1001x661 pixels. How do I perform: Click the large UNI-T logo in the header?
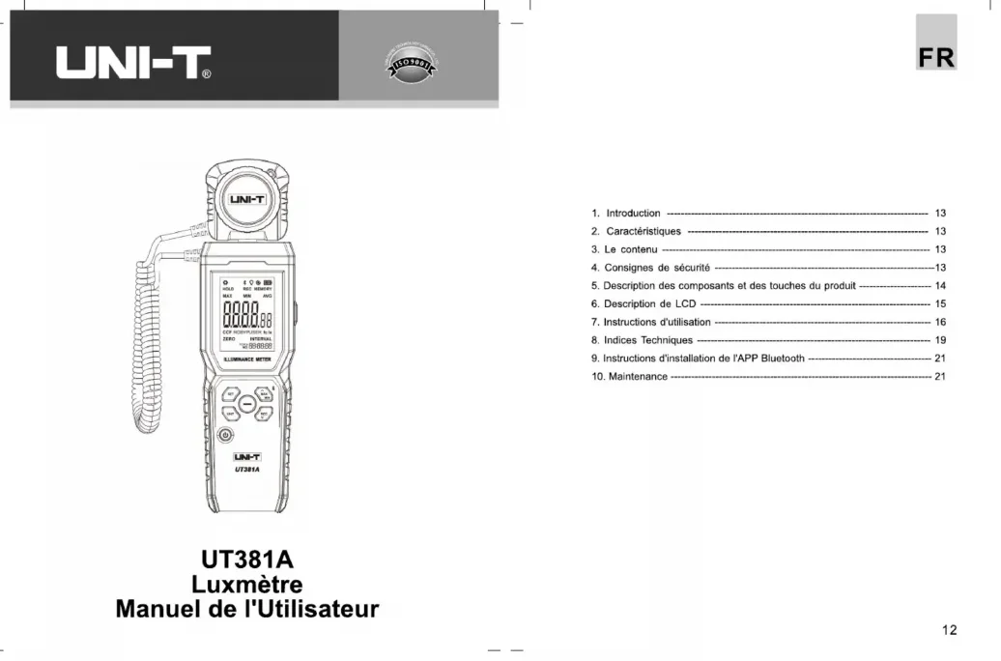pos(134,64)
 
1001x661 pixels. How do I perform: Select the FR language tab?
pos(936,57)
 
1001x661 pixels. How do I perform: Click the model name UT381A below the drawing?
pos(246,560)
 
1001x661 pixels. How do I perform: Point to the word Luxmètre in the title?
pos(246,585)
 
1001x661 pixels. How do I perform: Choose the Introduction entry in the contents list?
pos(633,214)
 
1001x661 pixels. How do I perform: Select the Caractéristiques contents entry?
pos(643,232)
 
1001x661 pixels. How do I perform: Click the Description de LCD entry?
pos(643,304)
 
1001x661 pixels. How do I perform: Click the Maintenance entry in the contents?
pos(635,377)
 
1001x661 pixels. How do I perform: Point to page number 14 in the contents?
pos(940,286)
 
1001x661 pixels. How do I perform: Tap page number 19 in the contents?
pos(940,340)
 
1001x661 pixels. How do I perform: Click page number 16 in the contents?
pos(940,322)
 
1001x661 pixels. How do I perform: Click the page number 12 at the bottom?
pos(949,630)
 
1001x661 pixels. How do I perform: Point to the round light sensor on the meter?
pos(245,200)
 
